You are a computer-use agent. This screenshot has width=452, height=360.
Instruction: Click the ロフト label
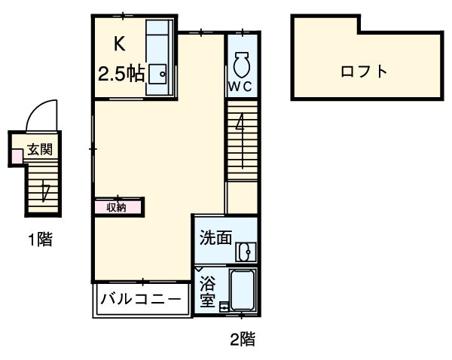364,72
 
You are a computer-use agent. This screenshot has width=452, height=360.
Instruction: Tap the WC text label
242,85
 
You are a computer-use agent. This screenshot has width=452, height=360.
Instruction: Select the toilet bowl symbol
242,64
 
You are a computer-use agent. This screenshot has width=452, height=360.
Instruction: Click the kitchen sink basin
157,74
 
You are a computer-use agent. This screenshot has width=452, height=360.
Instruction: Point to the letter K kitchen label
120,44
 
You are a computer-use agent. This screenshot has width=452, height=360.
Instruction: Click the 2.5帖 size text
121,74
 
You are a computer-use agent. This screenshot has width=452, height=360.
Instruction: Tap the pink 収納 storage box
117,206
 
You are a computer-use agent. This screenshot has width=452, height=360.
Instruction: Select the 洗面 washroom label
215,238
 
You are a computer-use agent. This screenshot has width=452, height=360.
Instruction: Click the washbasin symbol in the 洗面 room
245,252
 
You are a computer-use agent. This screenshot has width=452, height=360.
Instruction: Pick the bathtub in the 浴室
243,290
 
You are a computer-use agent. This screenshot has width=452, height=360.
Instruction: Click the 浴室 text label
208,292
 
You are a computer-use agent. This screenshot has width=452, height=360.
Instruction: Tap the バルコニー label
142,299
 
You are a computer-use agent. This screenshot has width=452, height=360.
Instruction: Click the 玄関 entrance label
39,149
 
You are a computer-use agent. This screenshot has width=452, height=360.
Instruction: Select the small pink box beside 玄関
17,156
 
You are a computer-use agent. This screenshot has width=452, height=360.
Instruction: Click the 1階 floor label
40,241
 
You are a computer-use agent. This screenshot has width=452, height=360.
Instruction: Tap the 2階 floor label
242,340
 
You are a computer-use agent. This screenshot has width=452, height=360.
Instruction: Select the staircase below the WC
242,140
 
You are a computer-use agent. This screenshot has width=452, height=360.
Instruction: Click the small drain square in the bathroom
223,307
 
